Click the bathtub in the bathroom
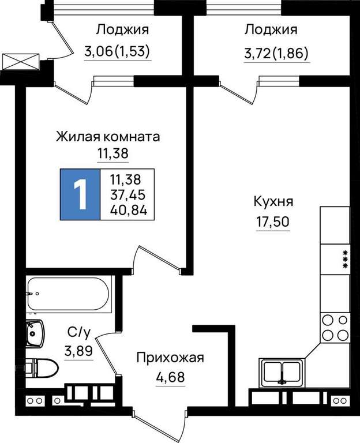pyautogui.click(x=69, y=294)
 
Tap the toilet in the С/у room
pyautogui.click(x=42, y=369)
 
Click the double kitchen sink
pyautogui.click(x=282, y=373)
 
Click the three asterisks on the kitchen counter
pyautogui.click(x=345, y=259)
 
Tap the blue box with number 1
pyautogui.click(x=80, y=194)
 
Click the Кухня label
pyautogui.click(x=273, y=202)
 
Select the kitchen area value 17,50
pyautogui.click(x=273, y=221)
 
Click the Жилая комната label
pyautogui.click(x=108, y=137)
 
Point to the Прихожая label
pyautogui.click(x=170, y=358)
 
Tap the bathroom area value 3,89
pyautogui.click(x=78, y=351)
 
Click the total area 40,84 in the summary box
pyautogui.click(x=129, y=210)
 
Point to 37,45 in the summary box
pyautogui.click(x=128, y=194)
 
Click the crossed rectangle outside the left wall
pyautogui.click(x=20, y=62)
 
